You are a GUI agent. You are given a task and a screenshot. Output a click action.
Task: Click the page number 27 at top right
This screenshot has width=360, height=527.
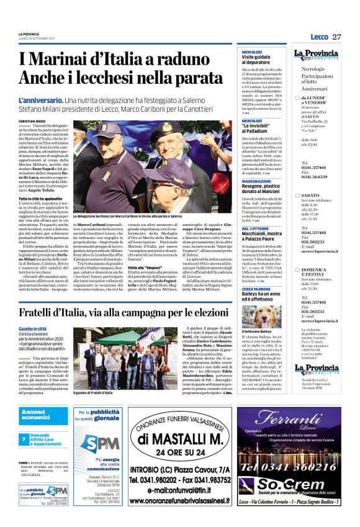337,37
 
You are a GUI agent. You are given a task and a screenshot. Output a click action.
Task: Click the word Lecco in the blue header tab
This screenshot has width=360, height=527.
319,37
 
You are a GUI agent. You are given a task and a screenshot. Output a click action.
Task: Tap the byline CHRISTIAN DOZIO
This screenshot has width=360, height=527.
32,120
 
